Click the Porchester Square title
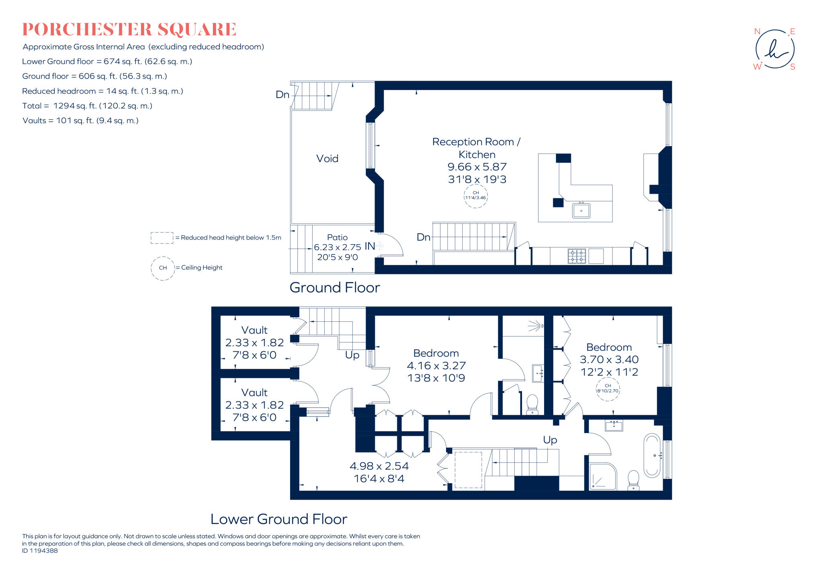[129, 29]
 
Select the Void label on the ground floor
[327, 159]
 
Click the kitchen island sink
[581, 210]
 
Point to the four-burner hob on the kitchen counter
[577, 256]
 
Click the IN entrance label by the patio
[370, 246]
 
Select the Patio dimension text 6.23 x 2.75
[337, 247]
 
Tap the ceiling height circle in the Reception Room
[475, 196]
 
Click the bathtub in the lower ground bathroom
[651, 455]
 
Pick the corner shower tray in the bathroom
[602, 477]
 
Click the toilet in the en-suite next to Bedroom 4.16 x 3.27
[532, 404]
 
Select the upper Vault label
[254, 330]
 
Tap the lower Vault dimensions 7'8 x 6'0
[254, 417]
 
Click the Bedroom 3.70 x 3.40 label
[609, 347]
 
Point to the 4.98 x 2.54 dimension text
[379, 466]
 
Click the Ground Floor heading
[334, 288]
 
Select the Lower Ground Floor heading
[278, 519]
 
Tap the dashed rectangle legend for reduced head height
[162, 238]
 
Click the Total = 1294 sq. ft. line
[87, 106]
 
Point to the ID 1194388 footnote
[40, 551]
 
